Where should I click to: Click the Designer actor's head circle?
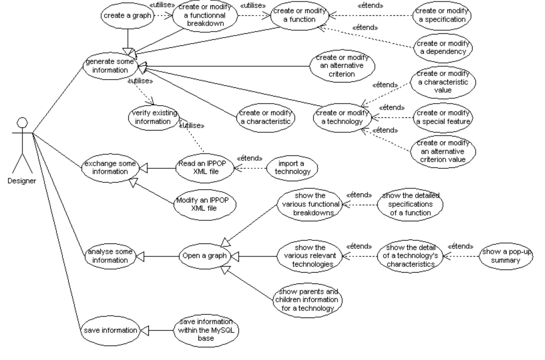click(x=22, y=123)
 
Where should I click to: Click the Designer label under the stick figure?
click(x=22, y=181)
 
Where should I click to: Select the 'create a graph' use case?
click(x=128, y=16)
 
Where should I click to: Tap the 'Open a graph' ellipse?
click(x=205, y=256)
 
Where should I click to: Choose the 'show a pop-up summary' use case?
click(x=506, y=256)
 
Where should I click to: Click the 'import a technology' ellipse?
click(x=292, y=168)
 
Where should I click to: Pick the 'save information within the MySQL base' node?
click(x=206, y=330)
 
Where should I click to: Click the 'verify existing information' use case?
click(x=153, y=117)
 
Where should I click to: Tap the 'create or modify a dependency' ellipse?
click(x=443, y=47)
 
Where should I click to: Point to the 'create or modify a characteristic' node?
click(x=265, y=117)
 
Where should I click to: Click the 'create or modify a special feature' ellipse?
click(x=443, y=117)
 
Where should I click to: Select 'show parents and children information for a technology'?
click(x=307, y=300)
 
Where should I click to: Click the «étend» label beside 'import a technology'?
click(x=249, y=158)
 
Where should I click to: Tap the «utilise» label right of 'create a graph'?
click(x=162, y=5)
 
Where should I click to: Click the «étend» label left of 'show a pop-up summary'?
click(x=460, y=247)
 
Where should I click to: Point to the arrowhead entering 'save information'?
click(x=144, y=330)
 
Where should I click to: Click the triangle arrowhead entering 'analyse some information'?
click(x=140, y=256)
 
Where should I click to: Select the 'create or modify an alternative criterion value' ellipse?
click(x=443, y=151)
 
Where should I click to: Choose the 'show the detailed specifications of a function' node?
click(x=410, y=204)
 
